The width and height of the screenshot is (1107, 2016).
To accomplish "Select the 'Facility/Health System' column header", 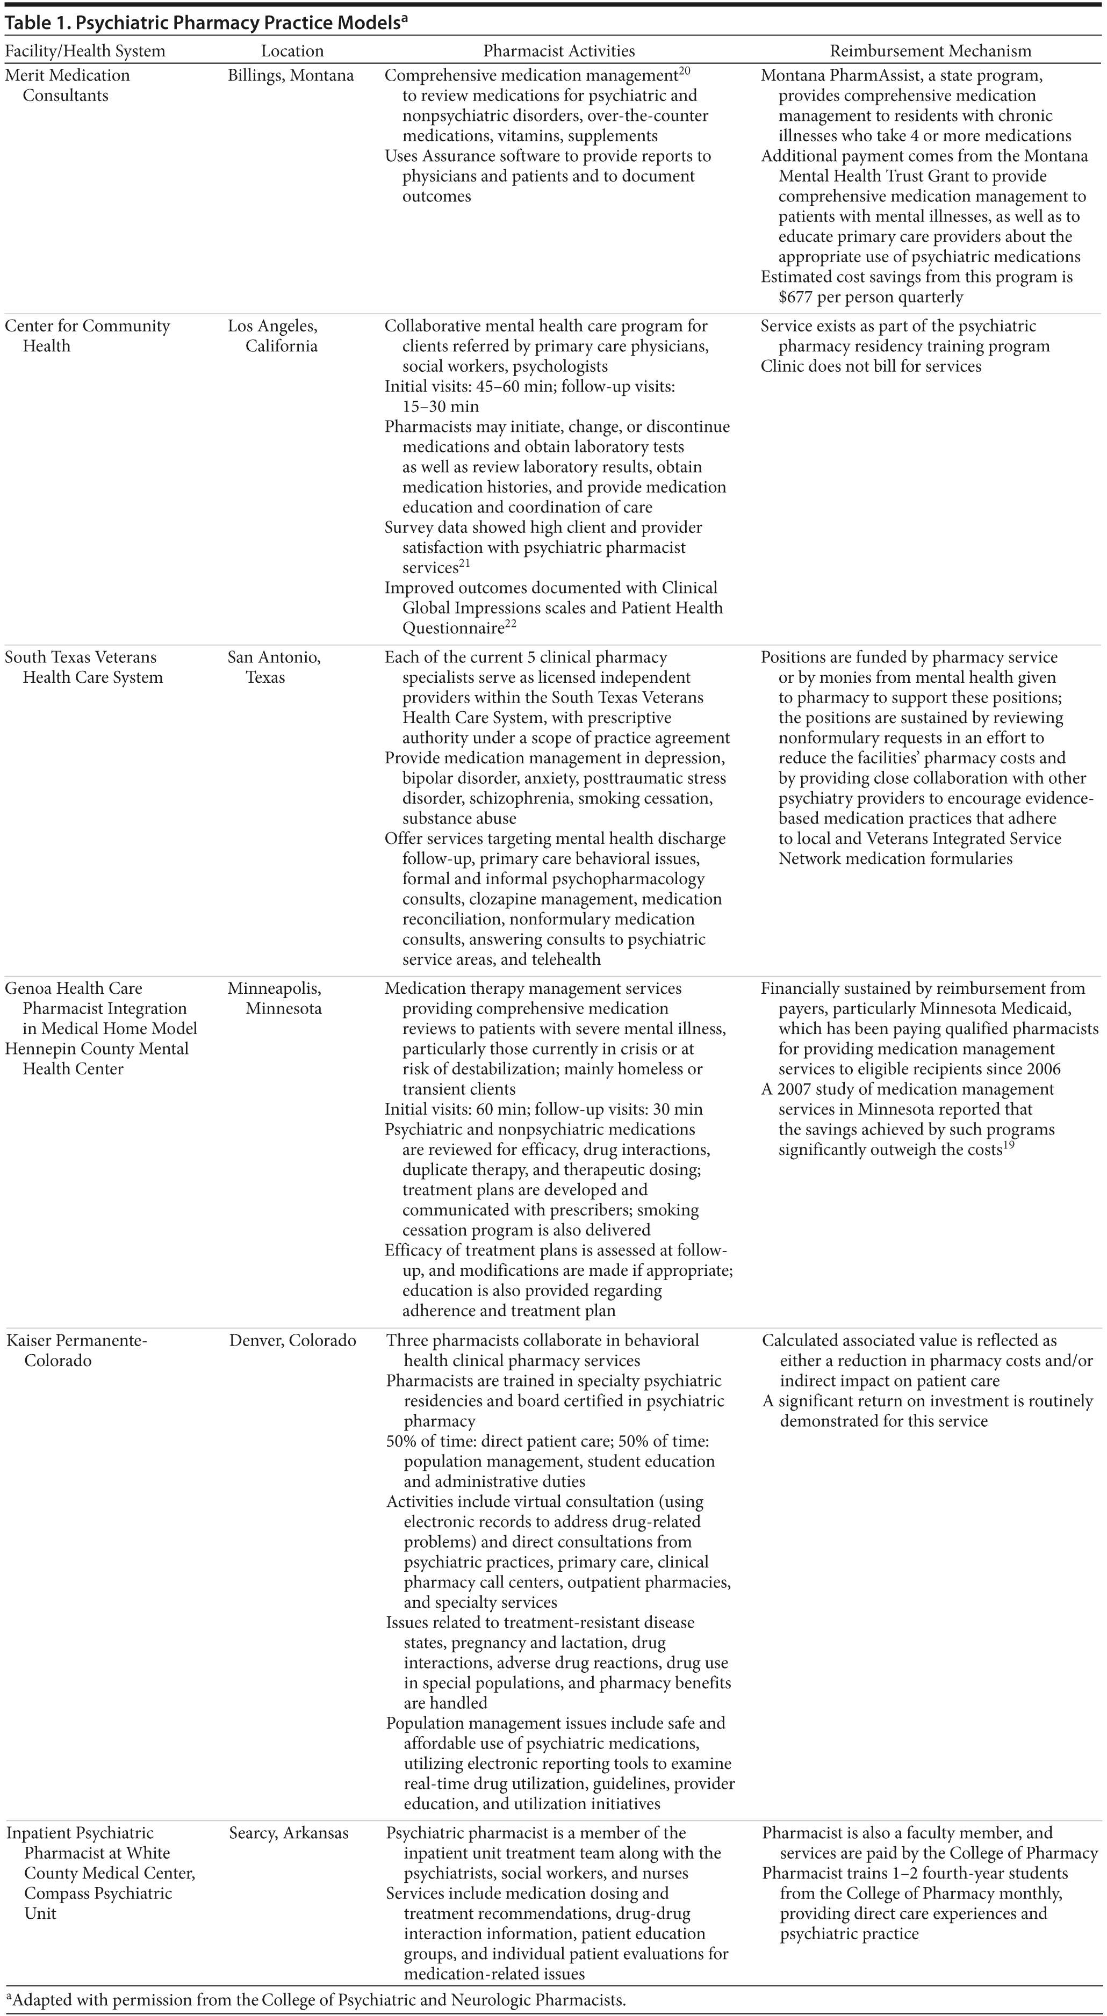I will (85, 52).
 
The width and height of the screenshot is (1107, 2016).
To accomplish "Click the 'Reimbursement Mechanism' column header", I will (930, 52).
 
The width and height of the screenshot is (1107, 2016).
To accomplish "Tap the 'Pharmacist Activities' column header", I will (559, 52).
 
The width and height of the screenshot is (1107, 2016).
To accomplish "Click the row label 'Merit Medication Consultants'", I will (67, 85).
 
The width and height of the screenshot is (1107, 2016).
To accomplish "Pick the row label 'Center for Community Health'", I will (87, 336).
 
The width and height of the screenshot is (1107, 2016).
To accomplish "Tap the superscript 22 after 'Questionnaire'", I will (511, 624).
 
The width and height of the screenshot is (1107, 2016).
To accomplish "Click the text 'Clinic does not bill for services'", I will (871, 366).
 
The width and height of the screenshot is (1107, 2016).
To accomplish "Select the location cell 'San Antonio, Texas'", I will (274, 667).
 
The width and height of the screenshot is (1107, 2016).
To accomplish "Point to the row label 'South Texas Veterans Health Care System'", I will (84, 667).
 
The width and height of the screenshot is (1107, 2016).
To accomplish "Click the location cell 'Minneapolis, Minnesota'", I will (275, 998).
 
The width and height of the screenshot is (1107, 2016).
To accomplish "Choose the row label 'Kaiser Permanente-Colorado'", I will (77, 1350).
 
